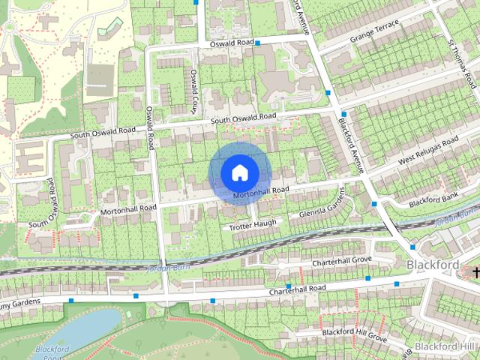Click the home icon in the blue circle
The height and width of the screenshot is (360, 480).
[x=238, y=172]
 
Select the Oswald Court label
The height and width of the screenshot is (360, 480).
[x=193, y=91]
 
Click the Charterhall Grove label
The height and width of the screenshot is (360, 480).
[x=343, y=259]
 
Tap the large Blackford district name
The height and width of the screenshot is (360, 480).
[x=432, y=265]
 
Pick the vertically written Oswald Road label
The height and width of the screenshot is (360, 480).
[x=150, y=127]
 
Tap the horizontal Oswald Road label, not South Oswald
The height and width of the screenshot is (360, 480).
[x=232, y=43]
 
